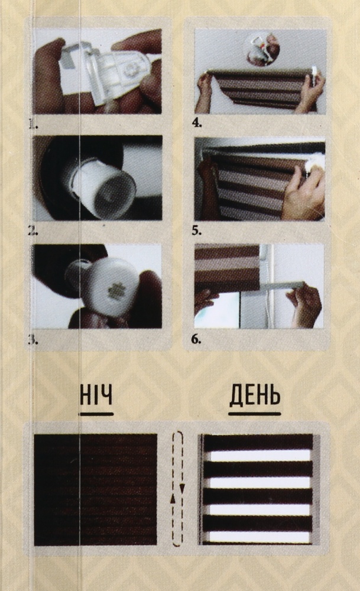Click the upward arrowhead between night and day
tap(173, 499)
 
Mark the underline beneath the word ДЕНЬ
tap(255, 414)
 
